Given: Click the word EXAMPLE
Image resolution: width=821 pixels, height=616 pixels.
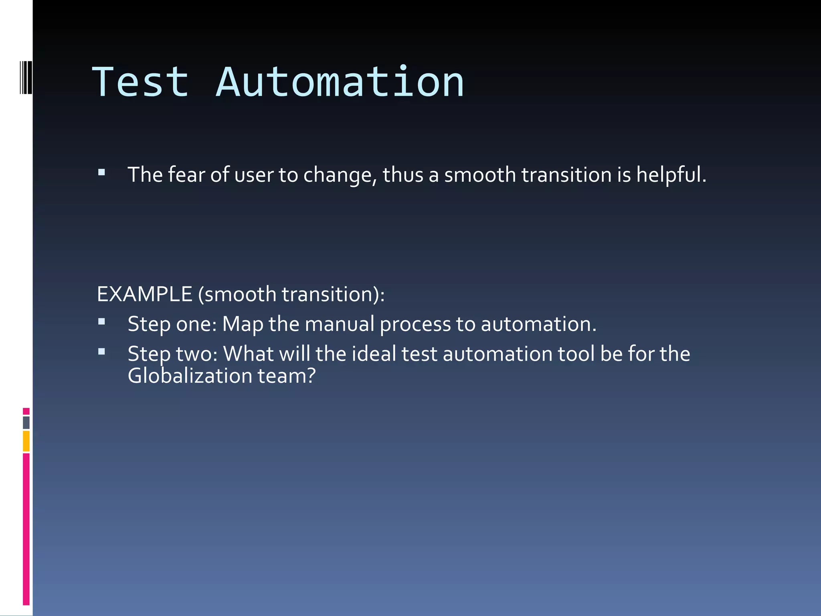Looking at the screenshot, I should pos(144,294).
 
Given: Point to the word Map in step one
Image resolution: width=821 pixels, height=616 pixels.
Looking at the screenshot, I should pos(243,324).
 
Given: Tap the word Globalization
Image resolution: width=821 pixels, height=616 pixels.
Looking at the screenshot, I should pos(190,376).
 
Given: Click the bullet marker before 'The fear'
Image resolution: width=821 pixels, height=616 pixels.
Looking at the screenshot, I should pos(101,173).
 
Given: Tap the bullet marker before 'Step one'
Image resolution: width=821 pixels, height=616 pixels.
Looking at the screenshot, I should pos(101,322).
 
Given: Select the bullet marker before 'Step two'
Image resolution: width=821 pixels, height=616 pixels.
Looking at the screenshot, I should pos(101,352).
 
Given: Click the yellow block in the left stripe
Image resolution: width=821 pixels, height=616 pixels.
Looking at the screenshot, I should pos(26,441).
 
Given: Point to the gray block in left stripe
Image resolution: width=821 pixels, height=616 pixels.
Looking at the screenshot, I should pos(26,422).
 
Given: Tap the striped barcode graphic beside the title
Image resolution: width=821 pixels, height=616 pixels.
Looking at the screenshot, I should pos(26,77).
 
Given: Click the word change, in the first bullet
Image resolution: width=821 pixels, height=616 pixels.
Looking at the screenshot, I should pos(340,175).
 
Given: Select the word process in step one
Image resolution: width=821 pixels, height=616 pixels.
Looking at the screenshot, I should pos(415,324).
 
